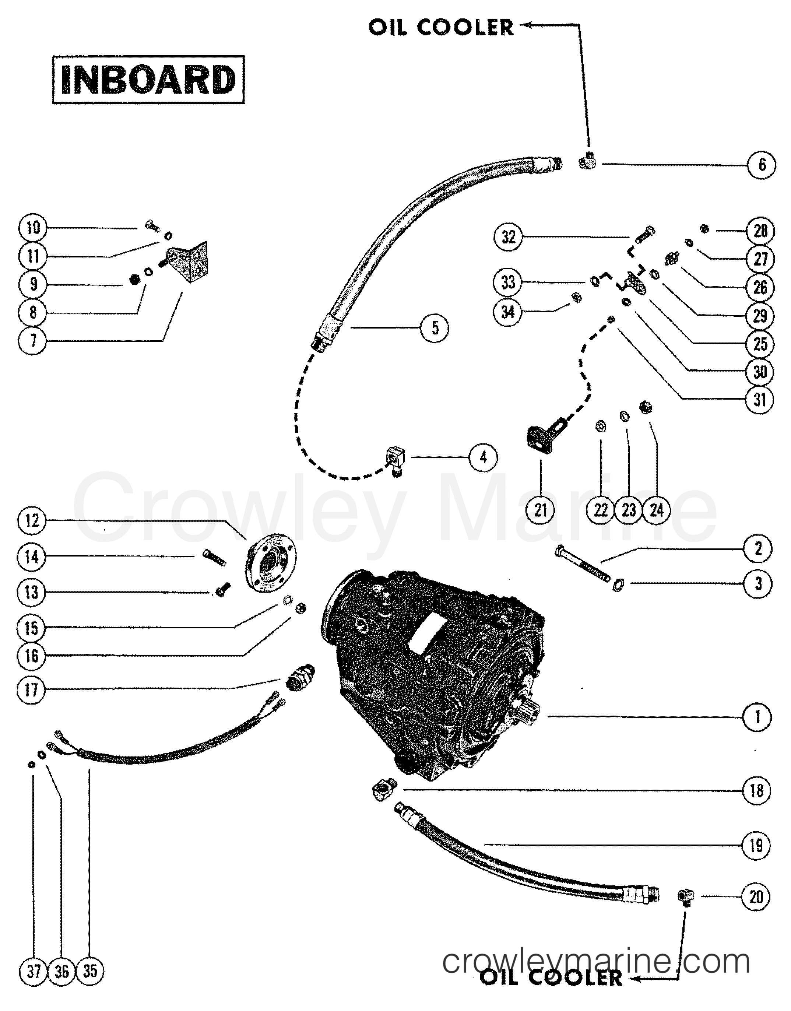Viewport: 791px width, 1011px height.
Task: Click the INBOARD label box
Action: point(148,80)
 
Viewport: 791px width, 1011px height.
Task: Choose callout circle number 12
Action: point(32,521)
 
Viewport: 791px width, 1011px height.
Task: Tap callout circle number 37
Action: point(34,971)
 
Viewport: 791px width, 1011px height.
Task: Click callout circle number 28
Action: point(760,231)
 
